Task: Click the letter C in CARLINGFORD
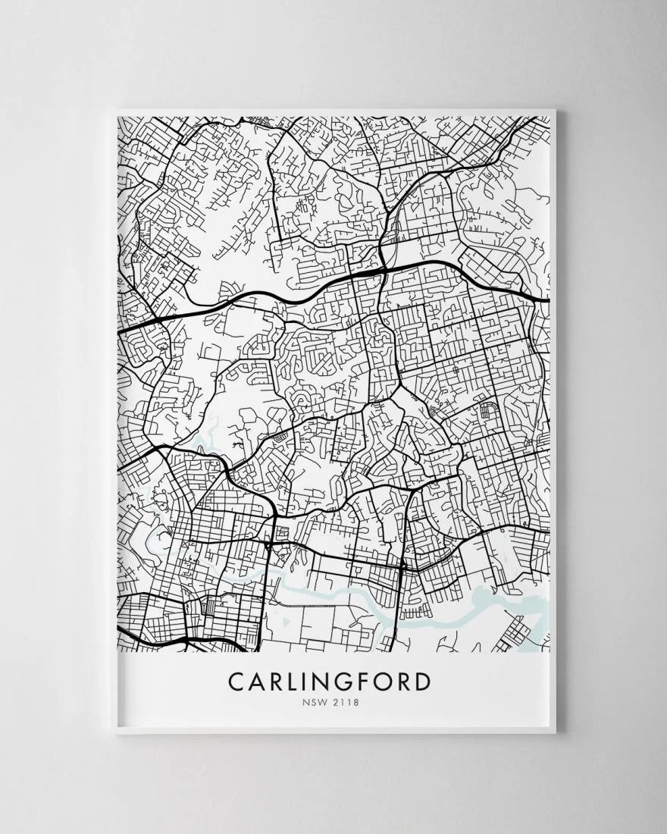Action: click(236, 681)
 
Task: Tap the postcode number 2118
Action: click(346, 701)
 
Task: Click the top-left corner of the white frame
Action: click(115, 112)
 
